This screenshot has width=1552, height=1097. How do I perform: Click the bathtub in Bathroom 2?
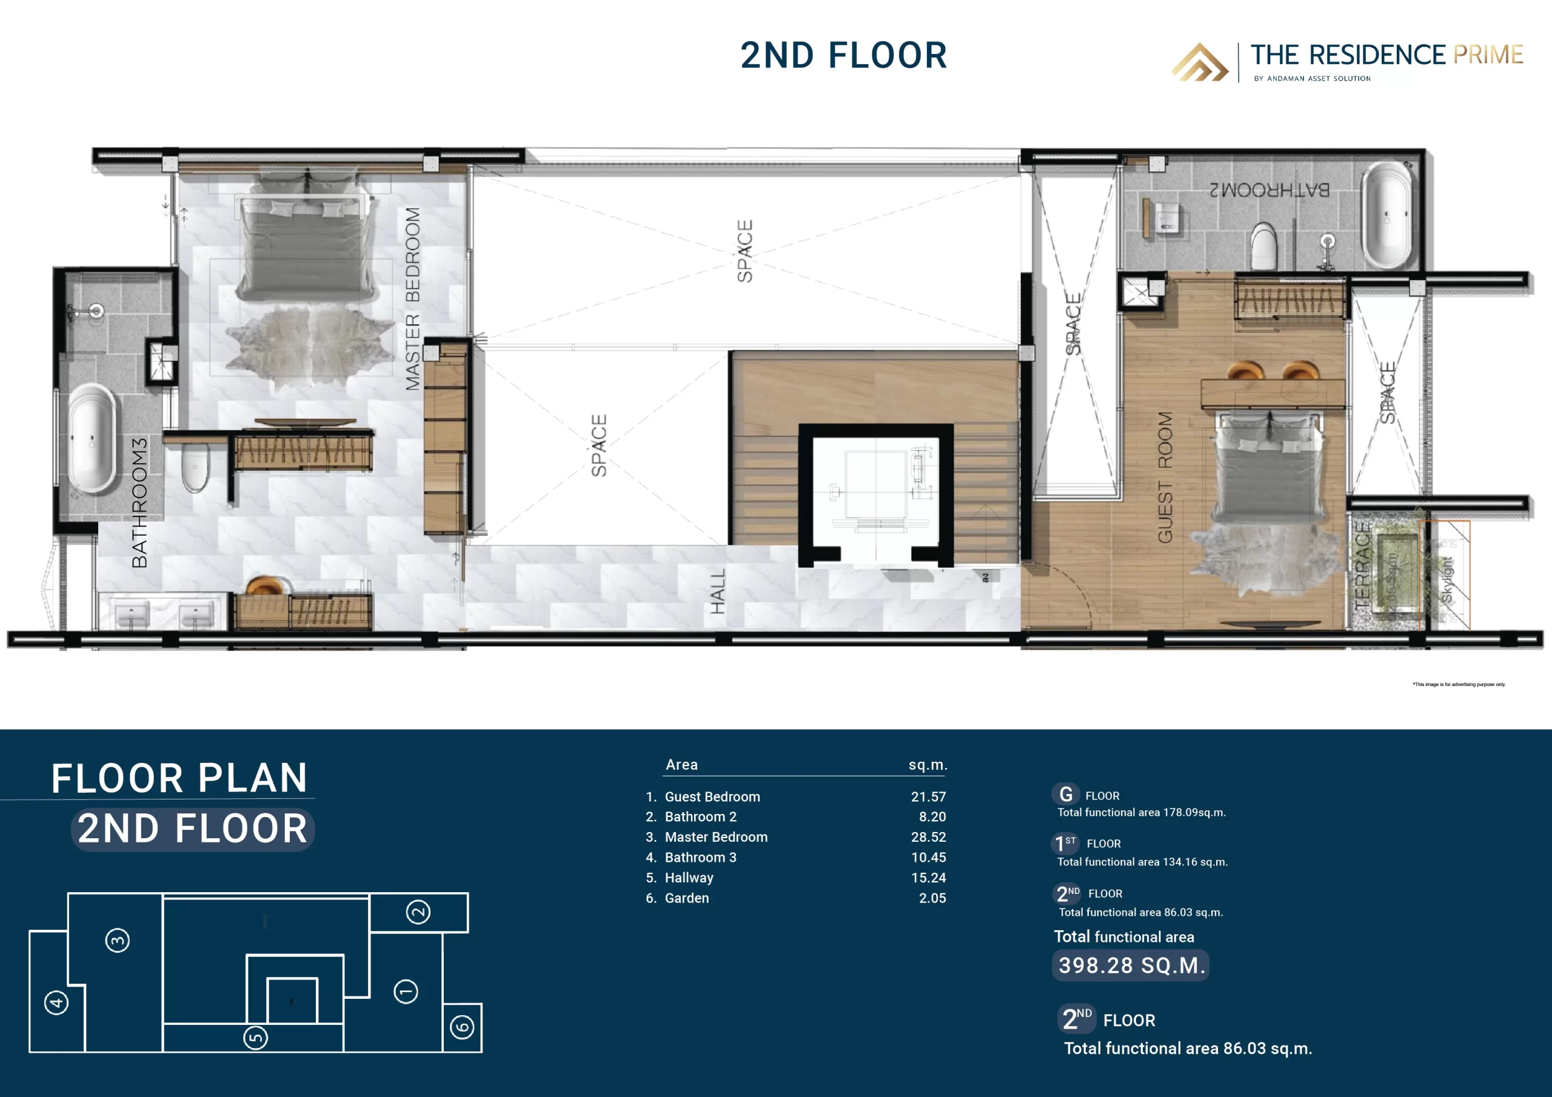1386,216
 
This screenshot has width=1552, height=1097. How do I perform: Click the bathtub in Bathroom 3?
92,439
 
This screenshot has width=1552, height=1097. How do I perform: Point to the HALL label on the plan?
717,591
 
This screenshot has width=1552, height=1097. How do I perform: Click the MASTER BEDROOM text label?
412,299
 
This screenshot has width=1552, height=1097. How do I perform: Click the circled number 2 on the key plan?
418,912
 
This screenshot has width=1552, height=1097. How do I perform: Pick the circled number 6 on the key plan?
463,1027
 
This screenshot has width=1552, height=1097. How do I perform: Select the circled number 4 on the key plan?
56,1002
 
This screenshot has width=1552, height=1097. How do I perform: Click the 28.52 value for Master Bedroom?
928,837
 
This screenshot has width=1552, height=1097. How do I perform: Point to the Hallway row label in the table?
689,878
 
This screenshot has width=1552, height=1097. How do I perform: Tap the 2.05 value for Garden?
932,898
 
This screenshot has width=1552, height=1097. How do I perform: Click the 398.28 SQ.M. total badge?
1131,965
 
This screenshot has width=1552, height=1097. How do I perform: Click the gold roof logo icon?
1200,62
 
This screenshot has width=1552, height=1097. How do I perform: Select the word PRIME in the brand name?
1488,55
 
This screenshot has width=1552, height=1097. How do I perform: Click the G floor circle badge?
1065,794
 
